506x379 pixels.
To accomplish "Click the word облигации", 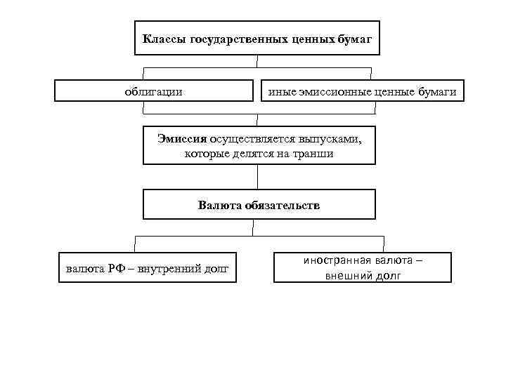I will point(153,91).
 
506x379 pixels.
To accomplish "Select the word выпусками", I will point(333,138).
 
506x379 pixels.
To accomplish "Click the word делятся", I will point(252,153).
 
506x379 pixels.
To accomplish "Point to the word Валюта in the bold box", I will point(219,206).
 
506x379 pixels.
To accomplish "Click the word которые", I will point(205,153).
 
